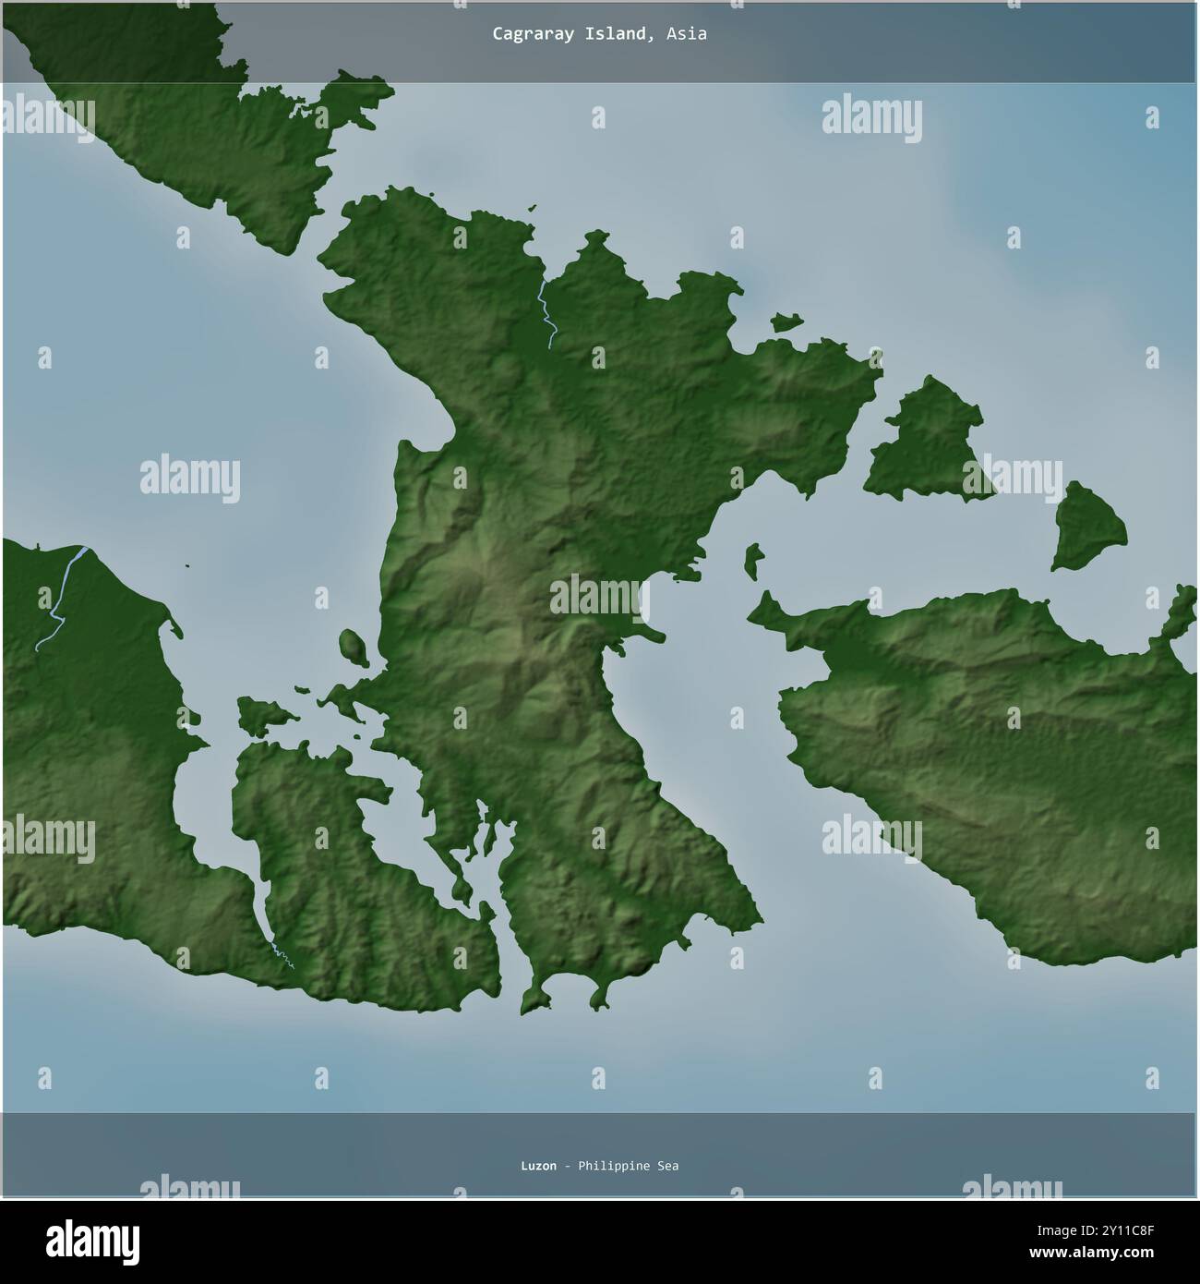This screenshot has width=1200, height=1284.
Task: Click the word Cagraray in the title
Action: point(525,34)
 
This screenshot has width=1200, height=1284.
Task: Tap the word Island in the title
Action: point(611,34)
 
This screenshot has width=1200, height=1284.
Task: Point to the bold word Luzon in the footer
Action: point(538,1166)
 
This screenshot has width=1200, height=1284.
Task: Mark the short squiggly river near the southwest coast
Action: point(282,956)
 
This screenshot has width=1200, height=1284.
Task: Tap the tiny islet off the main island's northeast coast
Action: point(786,321)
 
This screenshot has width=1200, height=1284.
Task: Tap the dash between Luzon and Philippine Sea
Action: point(567,1166)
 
